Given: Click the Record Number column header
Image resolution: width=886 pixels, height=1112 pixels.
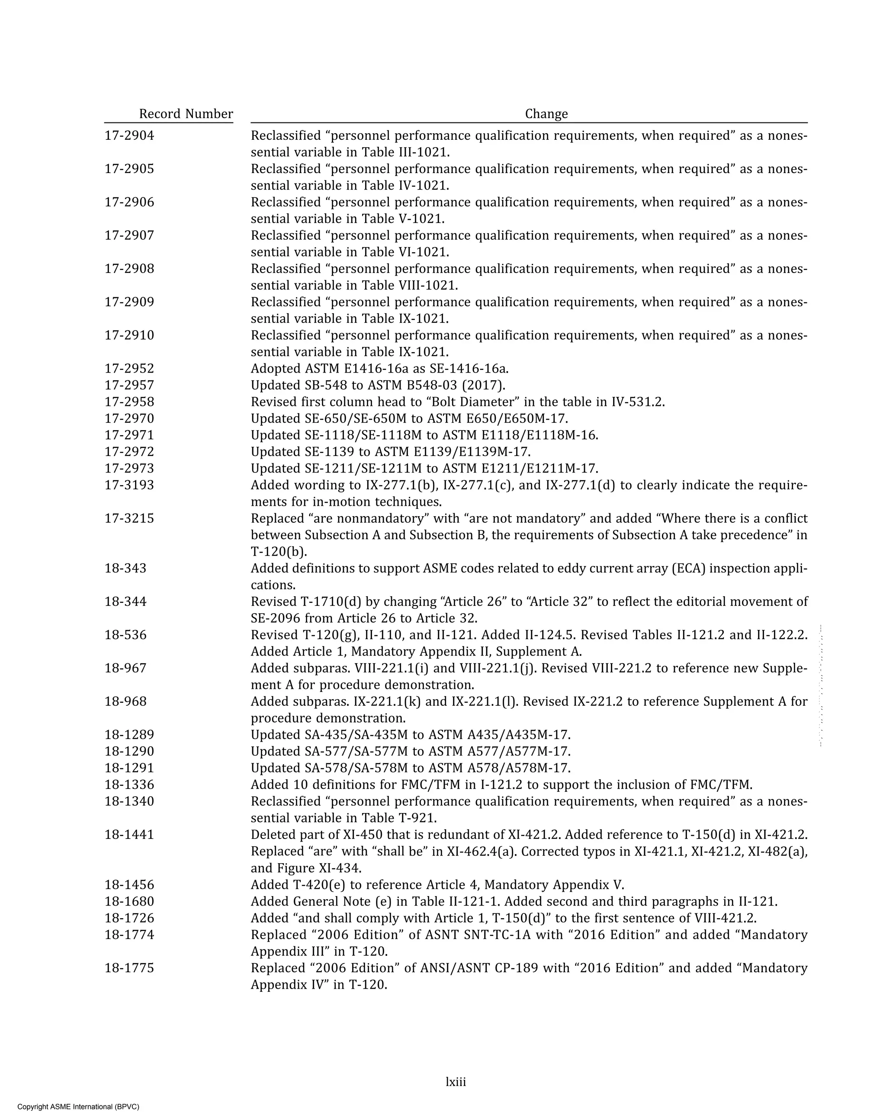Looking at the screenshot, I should (x=186, y=114).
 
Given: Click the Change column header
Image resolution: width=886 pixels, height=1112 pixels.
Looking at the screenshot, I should (x=546, y=114).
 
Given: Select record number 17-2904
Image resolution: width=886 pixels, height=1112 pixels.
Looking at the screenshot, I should (x=129, y=136).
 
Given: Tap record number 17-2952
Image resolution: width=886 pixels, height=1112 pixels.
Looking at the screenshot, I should (x=129, y=369).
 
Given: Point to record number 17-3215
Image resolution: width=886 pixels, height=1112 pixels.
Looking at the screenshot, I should (x=129, y=518).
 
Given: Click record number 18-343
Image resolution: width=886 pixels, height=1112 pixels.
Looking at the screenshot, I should (x=125, y=569).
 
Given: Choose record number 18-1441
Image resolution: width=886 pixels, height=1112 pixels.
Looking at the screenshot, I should (x=129, y=835).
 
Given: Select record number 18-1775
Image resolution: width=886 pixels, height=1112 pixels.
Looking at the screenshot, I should (x=129, y=968).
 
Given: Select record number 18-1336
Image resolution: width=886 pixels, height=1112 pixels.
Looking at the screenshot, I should (x=129, y=784).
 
